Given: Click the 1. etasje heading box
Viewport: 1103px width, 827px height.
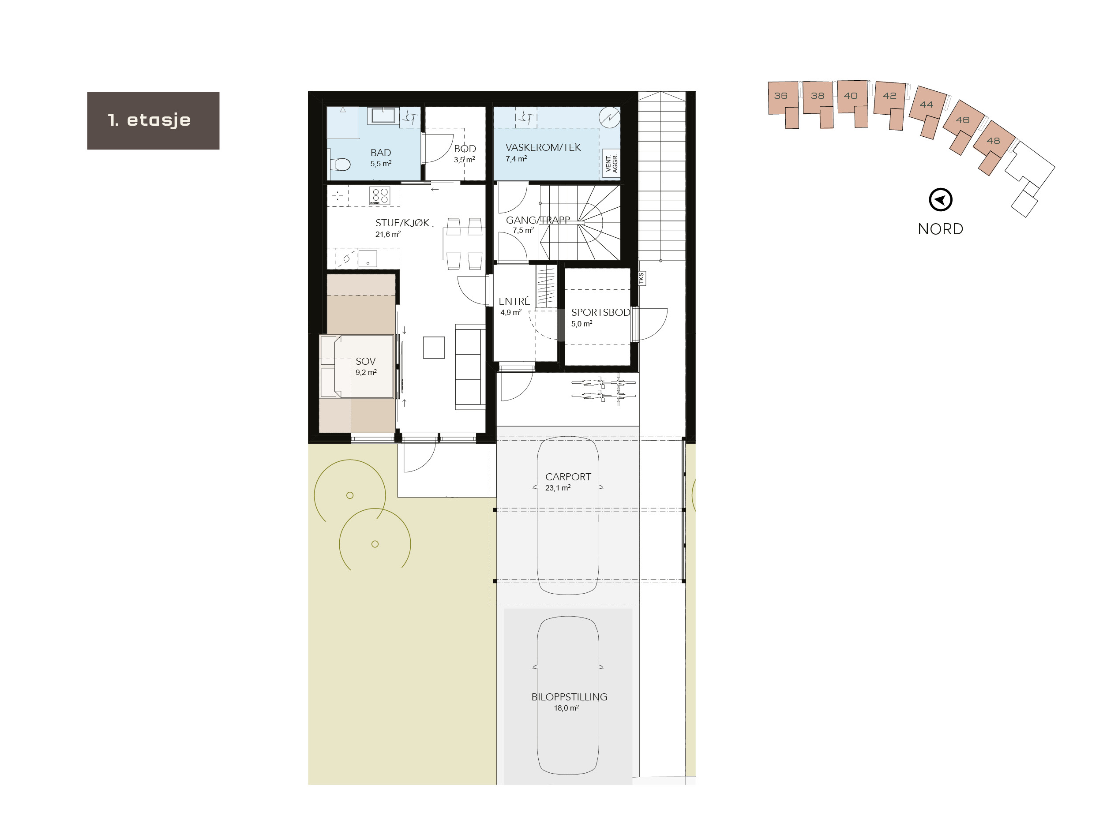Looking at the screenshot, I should pos(153,120).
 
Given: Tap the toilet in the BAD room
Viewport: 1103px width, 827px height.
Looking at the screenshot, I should pos(341,164).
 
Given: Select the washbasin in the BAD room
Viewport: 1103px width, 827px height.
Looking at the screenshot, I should pos(383,116).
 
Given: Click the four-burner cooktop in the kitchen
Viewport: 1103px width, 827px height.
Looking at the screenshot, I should pos(379,195).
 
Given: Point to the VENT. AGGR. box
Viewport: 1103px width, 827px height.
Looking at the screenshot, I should pos(612,163).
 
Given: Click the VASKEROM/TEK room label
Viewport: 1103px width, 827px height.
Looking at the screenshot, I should pos(543,148).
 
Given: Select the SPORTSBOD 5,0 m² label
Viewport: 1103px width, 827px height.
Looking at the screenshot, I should pos(600,317).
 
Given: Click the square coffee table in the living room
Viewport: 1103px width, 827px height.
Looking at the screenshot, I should pos(434,348).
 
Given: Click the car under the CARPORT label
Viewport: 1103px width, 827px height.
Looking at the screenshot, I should pos(568,539).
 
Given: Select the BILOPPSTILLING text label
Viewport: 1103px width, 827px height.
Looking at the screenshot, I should pos(569,697).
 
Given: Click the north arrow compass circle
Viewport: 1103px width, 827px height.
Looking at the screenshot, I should pos(941,200).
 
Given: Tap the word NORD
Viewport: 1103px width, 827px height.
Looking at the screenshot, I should pos(941,229).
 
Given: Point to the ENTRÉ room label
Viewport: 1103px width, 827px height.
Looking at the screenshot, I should pos(514,301).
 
